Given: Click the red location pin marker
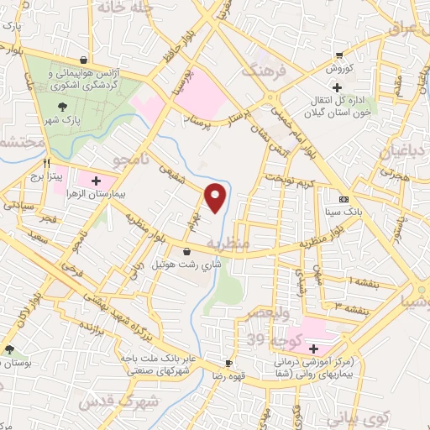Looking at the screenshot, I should [x=216, y=197].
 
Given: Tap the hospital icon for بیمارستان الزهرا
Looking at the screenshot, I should [x=96, y=181].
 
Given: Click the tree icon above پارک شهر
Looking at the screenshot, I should [x=62, y=107].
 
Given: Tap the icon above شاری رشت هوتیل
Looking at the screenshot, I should [x=186, y=250].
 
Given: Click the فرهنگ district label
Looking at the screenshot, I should [x=265, y=73].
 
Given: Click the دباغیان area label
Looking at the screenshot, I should [x=403, y=152].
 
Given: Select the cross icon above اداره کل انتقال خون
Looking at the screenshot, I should [x=337, y=87].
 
